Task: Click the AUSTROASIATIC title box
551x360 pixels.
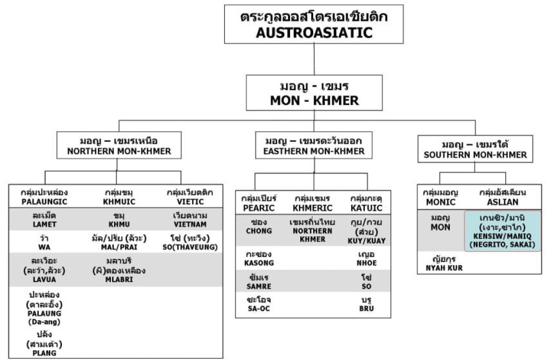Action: (314, 24)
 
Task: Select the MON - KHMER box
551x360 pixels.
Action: (314, 93)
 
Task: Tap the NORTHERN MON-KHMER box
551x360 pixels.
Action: (119, 145)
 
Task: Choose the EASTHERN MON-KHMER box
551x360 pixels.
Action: (314, 145)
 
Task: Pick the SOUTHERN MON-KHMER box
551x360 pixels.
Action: (475, 149)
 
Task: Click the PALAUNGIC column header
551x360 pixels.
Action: (44, 197)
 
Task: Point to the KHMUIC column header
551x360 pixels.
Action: (119, 197)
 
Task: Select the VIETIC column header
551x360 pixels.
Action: (190, 197)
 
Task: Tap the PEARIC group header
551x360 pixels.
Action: (259, 203)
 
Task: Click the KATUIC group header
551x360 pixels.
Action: (366, 203)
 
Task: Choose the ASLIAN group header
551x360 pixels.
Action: (503, 197)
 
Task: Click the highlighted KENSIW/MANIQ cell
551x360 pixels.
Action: (503, 231)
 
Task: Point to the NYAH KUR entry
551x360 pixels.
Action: (444, 263)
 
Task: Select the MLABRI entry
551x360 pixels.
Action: (119, 270)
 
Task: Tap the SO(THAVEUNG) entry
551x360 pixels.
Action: (190, 243)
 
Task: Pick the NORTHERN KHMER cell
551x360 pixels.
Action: (313, 231)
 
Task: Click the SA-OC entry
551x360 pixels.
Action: (259, 304)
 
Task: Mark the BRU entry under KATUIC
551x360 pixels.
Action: (366, 304)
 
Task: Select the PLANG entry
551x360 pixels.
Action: (44, 343)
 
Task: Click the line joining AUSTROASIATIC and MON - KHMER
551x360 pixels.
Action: (314, 59)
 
